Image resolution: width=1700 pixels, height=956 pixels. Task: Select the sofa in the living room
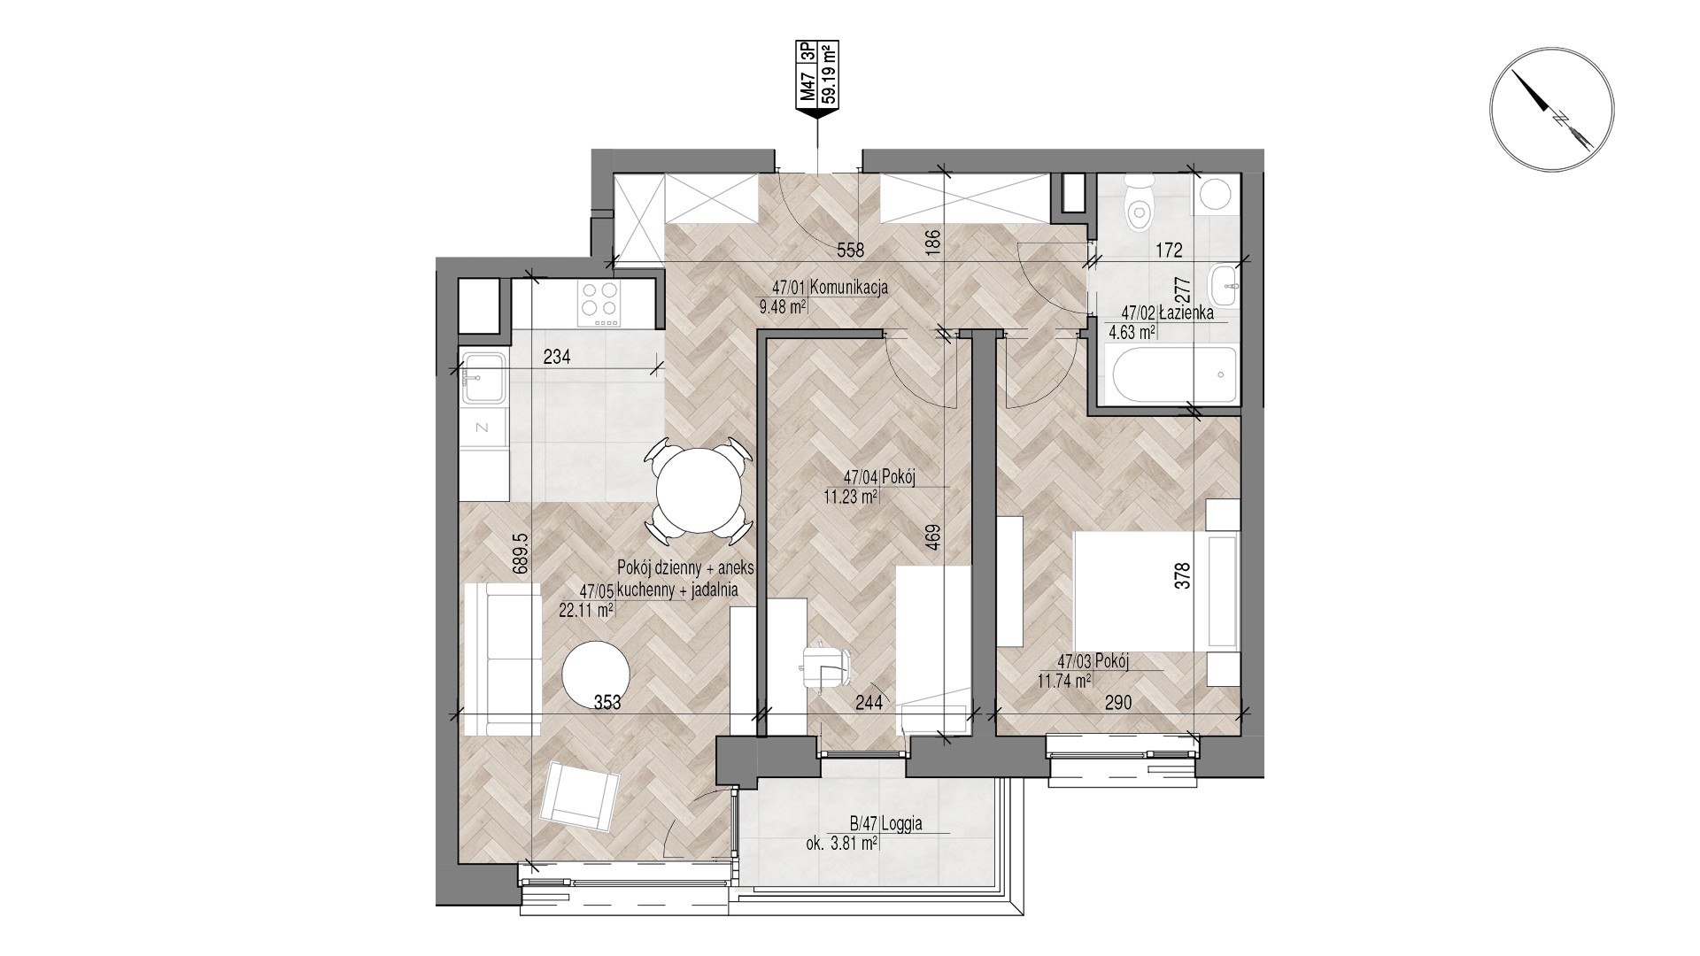(501, 659)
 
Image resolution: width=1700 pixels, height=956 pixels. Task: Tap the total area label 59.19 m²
(831, 73)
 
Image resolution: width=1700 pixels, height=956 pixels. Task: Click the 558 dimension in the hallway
(850, 250)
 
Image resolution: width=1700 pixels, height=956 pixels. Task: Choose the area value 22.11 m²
(586, 610)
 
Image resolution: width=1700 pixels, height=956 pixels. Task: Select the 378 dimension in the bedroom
(1184, 576)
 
